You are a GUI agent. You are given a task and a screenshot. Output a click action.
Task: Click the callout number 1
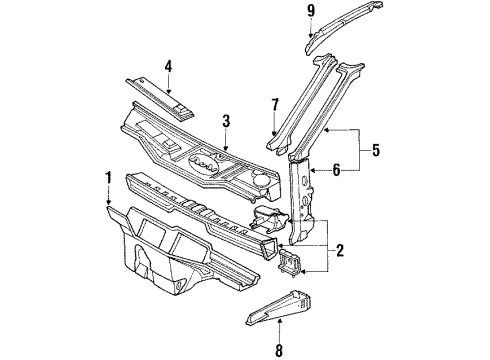click(108, 178)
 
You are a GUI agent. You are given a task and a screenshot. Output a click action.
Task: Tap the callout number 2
click(340, 250)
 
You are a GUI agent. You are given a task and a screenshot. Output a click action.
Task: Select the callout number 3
click(226, 121)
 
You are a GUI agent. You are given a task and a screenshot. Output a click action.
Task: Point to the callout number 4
click(169, 67)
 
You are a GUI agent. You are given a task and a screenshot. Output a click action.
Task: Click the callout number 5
click(376, 150)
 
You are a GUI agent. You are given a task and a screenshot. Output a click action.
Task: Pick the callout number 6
click(336, 170)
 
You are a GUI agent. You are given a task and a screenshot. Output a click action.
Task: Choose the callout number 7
click(274, 105)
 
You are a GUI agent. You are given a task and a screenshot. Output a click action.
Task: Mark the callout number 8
click(279, 350)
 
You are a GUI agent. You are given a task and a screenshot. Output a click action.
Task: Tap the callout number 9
click(311, 11)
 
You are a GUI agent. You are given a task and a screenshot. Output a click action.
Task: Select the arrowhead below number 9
click(311, 34)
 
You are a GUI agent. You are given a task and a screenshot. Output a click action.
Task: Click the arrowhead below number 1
click(108, 201)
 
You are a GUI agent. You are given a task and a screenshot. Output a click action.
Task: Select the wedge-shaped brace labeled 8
click(279, 306)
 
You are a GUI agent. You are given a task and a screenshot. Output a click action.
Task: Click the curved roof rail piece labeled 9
click(343, 25)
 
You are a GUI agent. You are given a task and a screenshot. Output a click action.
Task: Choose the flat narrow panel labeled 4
click(159, 99)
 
